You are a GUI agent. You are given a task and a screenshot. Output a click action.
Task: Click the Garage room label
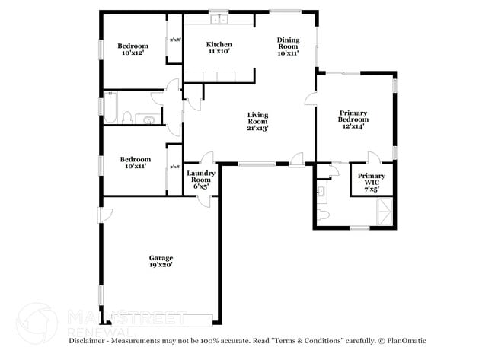(161, 261)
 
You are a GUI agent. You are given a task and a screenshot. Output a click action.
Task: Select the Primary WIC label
(372, 180)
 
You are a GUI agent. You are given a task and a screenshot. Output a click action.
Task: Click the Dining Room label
(288, 46)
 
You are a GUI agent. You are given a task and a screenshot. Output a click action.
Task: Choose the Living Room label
(257, 122)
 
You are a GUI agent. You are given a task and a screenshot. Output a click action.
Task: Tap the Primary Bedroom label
(353, 119)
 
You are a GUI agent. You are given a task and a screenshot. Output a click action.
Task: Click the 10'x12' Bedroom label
(133, 50)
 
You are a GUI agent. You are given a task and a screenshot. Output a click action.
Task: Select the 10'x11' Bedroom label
(133, 162)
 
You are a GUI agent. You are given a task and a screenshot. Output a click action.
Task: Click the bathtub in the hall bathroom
(110, 107)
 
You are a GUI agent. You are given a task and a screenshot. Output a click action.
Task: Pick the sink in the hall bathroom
(150, 118)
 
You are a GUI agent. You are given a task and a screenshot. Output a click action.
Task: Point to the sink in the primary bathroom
(321, 191)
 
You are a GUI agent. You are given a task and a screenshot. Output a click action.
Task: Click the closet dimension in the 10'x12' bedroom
(174, 40)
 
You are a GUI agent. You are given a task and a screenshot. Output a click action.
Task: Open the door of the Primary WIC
(372, 158)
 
